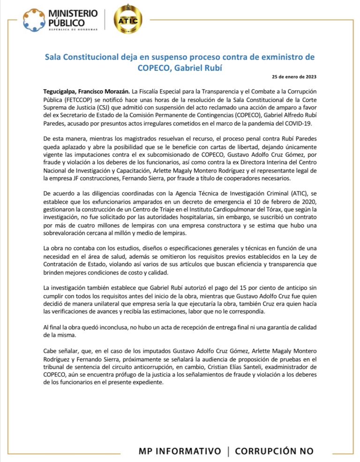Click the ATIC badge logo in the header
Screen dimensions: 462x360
(129, 20)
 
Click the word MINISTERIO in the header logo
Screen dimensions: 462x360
(73, 14)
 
